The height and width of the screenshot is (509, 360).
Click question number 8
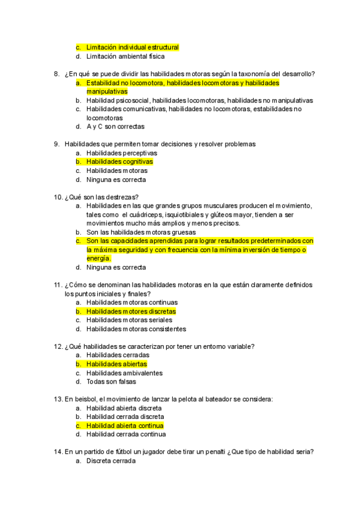click(x=56, y=74)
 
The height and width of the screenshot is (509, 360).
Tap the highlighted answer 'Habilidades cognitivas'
click(x=119, y=162)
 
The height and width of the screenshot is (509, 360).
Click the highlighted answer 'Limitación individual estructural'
click(x=132, y=47)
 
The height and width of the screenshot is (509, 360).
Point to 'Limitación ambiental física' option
click(x=125, y=56)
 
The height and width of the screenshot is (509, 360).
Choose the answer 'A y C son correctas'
click(x=115, y=127)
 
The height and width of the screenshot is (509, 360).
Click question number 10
click(x=58, y=197)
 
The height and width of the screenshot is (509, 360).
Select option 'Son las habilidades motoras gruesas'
click(x=141, y=232)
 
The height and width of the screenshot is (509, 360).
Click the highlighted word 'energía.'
click(x=99, y=258)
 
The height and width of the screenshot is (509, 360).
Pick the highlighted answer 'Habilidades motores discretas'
click(x=131, y=312)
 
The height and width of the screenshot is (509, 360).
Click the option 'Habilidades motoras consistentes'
click(x=136, y=329)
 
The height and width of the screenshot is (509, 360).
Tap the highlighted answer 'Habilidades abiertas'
click(x=116, y=364)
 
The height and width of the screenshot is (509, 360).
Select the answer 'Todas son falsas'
click(x=111, y=381)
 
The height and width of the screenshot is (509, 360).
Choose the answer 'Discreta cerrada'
click(x=111, y=461)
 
